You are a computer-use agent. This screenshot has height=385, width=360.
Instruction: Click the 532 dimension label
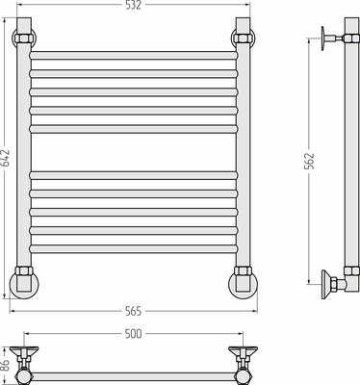tap(133, 5)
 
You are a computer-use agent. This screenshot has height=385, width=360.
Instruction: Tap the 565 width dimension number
tap(134, 311)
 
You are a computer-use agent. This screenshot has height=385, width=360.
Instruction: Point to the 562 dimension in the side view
tap(309, 161)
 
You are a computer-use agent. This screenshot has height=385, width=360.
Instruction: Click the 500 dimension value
tap(133, 334)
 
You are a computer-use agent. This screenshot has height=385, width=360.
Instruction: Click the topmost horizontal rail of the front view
tap(134, 55)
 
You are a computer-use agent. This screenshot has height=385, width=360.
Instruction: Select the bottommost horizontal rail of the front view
tap(134, 249)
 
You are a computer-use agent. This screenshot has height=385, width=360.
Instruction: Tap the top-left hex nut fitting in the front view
tap(24, 38)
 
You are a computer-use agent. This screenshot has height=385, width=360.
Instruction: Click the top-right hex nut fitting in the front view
tap(243, 38)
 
